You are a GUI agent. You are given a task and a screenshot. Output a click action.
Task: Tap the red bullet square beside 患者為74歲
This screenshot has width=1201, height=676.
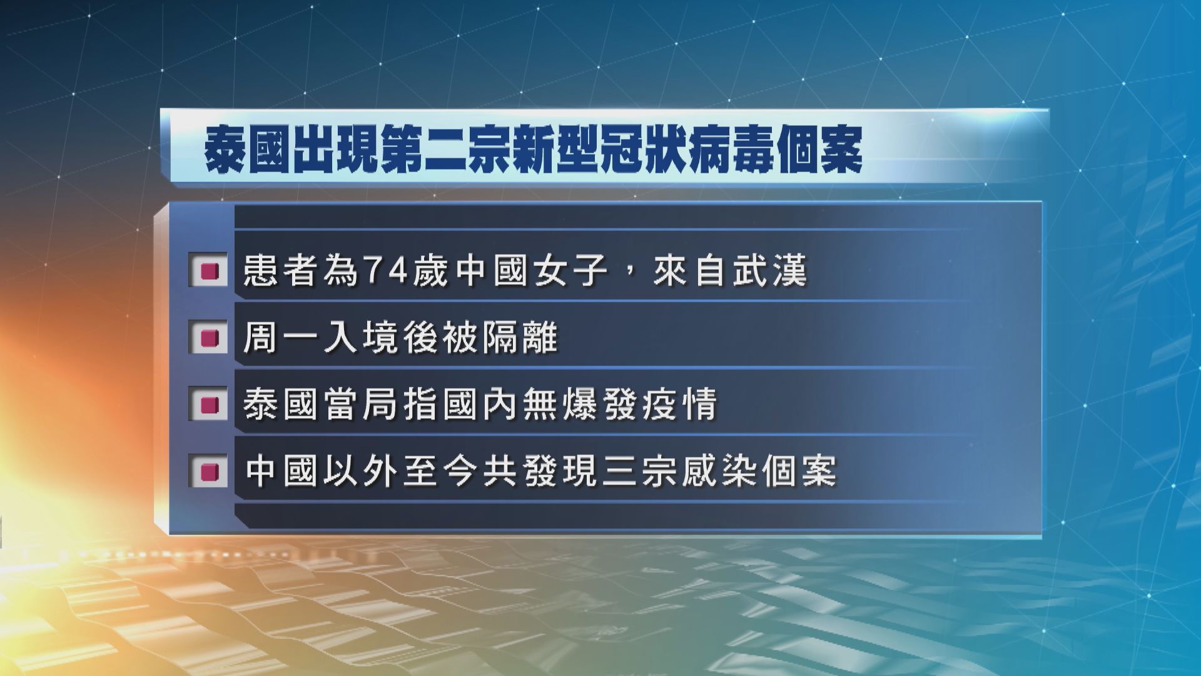(208, 272)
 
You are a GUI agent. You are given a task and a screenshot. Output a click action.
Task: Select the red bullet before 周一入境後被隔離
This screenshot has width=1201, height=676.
(208, 339)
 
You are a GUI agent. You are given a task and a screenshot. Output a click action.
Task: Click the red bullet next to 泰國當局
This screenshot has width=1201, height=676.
(208, 406)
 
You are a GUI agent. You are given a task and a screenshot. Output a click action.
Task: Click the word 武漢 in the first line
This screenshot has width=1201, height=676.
(769, 272)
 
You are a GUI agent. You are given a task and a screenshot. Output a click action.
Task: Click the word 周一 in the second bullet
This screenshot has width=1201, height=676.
(280, 339)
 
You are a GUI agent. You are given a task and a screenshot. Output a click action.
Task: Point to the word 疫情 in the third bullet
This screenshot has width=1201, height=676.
(680, 406)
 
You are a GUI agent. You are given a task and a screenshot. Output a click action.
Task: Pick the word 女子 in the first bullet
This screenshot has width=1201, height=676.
(569, 272)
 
